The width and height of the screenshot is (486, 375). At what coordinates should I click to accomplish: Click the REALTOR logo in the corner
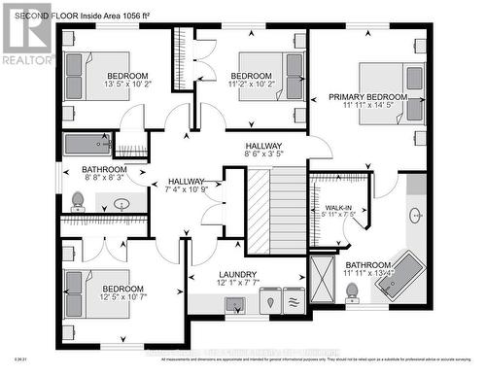pos(26,35)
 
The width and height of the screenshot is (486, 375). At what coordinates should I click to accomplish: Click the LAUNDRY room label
pos(238,275)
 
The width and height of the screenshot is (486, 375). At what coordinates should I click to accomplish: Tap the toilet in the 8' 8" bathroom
pos(78,201)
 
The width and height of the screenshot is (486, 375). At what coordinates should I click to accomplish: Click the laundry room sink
pos(237,304)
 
